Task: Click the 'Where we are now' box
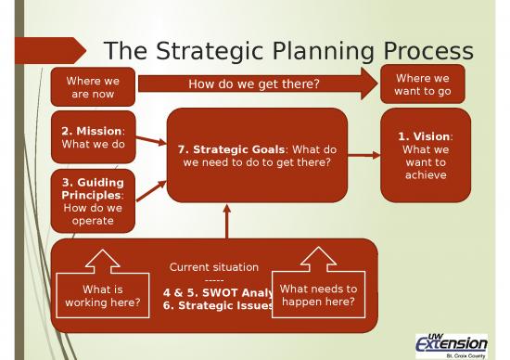pyautogui.click(x=93, y=85)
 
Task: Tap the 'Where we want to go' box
pyautogui.click(x=423, y=85)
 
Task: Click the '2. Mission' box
pyautogui.click(x=93, y=137)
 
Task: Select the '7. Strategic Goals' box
pyautogui.click(x=257, y=155)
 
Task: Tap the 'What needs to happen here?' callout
pyautogui.click(x=318, y=295)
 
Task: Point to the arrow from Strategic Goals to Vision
pyautogui.click(x=363, y=155)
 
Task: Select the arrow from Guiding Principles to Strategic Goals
pyautogui.click(x=152, y=190)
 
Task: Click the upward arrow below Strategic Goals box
pyautogui.click(x=225, y=222)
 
